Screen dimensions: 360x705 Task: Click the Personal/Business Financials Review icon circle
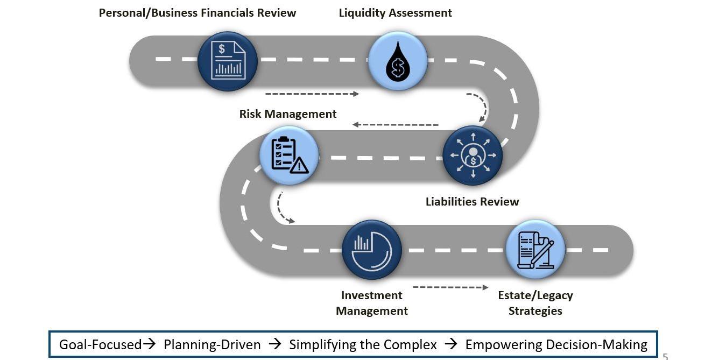click(x=227, y=61)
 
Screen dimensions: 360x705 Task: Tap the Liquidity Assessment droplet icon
click(x=398, y=61)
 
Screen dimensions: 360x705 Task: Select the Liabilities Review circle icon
click(x=473, y=156)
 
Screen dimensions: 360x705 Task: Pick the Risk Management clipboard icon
click(x=289, y=156)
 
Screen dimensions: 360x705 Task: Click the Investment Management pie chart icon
click(x=371, y=250)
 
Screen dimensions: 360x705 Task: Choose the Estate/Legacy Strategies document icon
click(x=535, y=250)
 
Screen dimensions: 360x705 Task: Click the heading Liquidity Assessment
click(x=395, y=13)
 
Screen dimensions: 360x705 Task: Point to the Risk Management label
click(x=288, y=114)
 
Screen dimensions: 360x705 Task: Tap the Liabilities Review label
click(x=472, y=202)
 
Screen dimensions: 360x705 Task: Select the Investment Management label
click(x=371, y=303)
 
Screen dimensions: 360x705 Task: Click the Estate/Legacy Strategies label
click(x=535, y=303)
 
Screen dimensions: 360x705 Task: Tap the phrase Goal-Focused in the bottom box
click(x=100, y=344)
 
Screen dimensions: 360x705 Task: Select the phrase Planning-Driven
click(x=212, y=344)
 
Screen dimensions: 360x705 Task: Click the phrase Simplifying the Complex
click(x=363, y=344)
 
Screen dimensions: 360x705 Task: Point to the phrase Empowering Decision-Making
click(x=556, y=344)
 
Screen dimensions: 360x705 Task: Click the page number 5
click(x=665, y=356)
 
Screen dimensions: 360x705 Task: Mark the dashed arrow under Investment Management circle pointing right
click(x=450, y=287)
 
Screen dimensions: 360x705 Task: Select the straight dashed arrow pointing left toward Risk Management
click(x=396, y=125)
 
